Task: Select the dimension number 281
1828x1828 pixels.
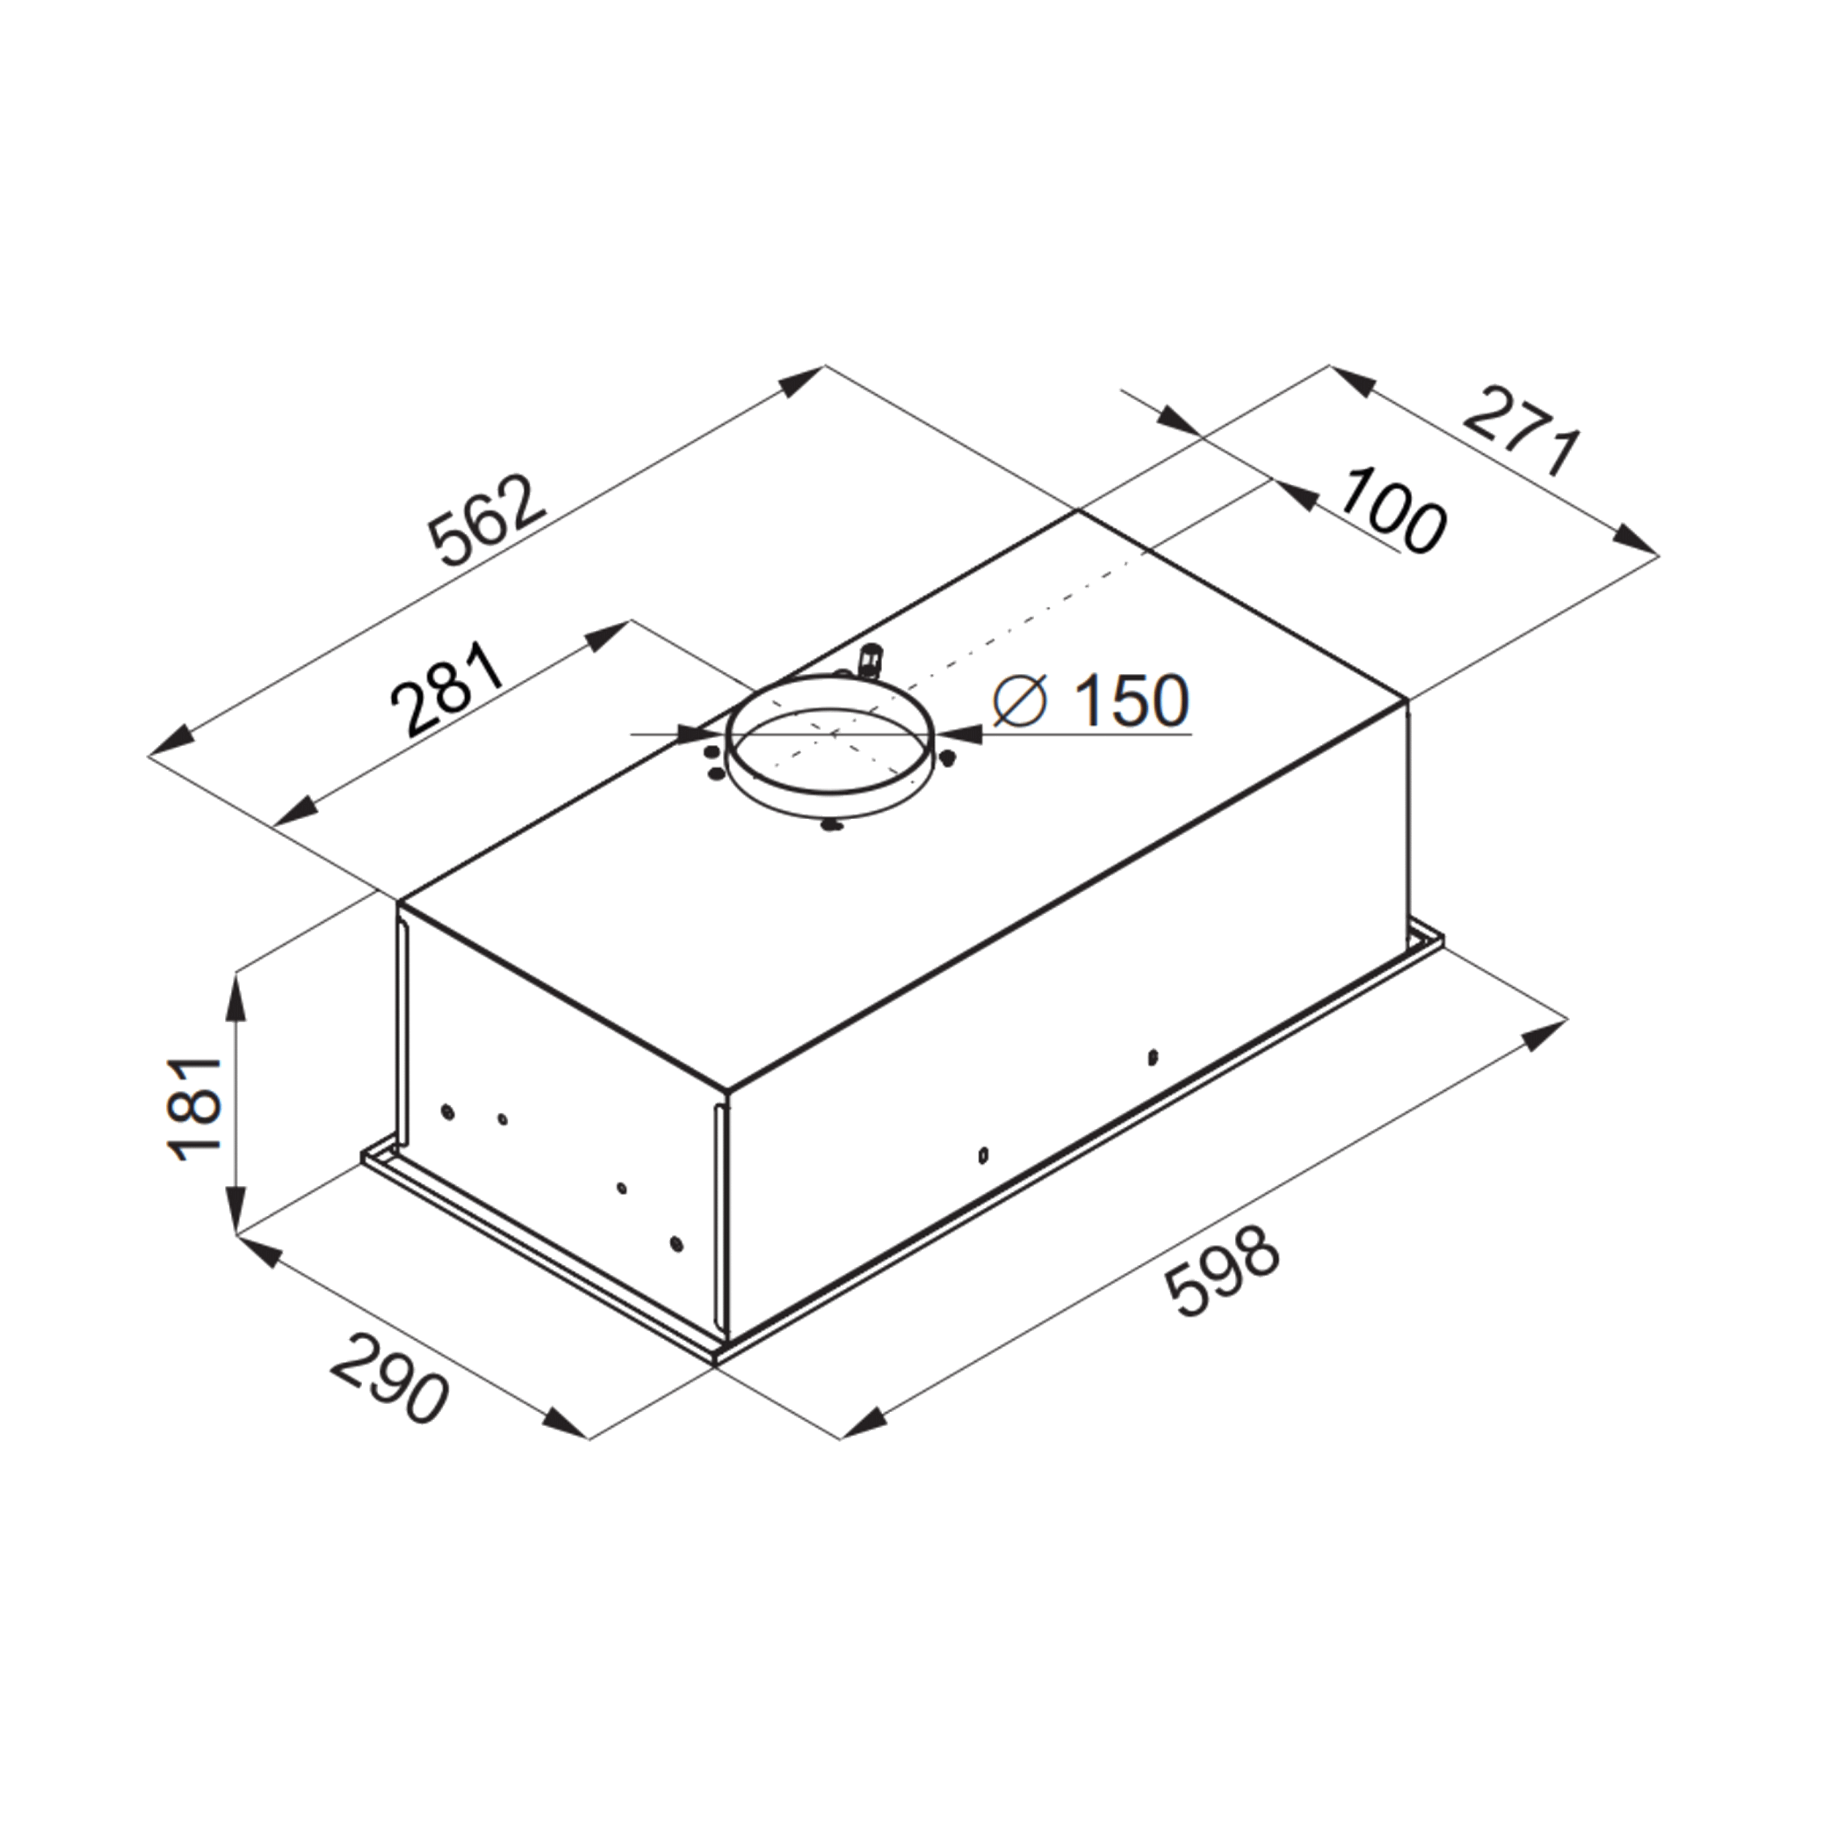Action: [447, 689]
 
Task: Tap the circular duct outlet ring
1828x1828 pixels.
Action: [830, 765]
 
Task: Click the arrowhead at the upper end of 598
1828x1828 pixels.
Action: [1539, 1034]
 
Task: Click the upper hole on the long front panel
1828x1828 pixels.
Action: [1153, 1057]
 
